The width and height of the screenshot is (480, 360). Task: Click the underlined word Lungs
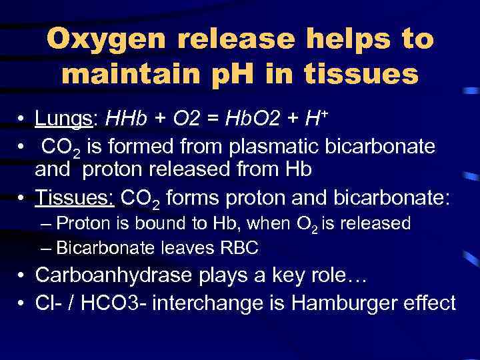pyautogui.click(x=66, y=119)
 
